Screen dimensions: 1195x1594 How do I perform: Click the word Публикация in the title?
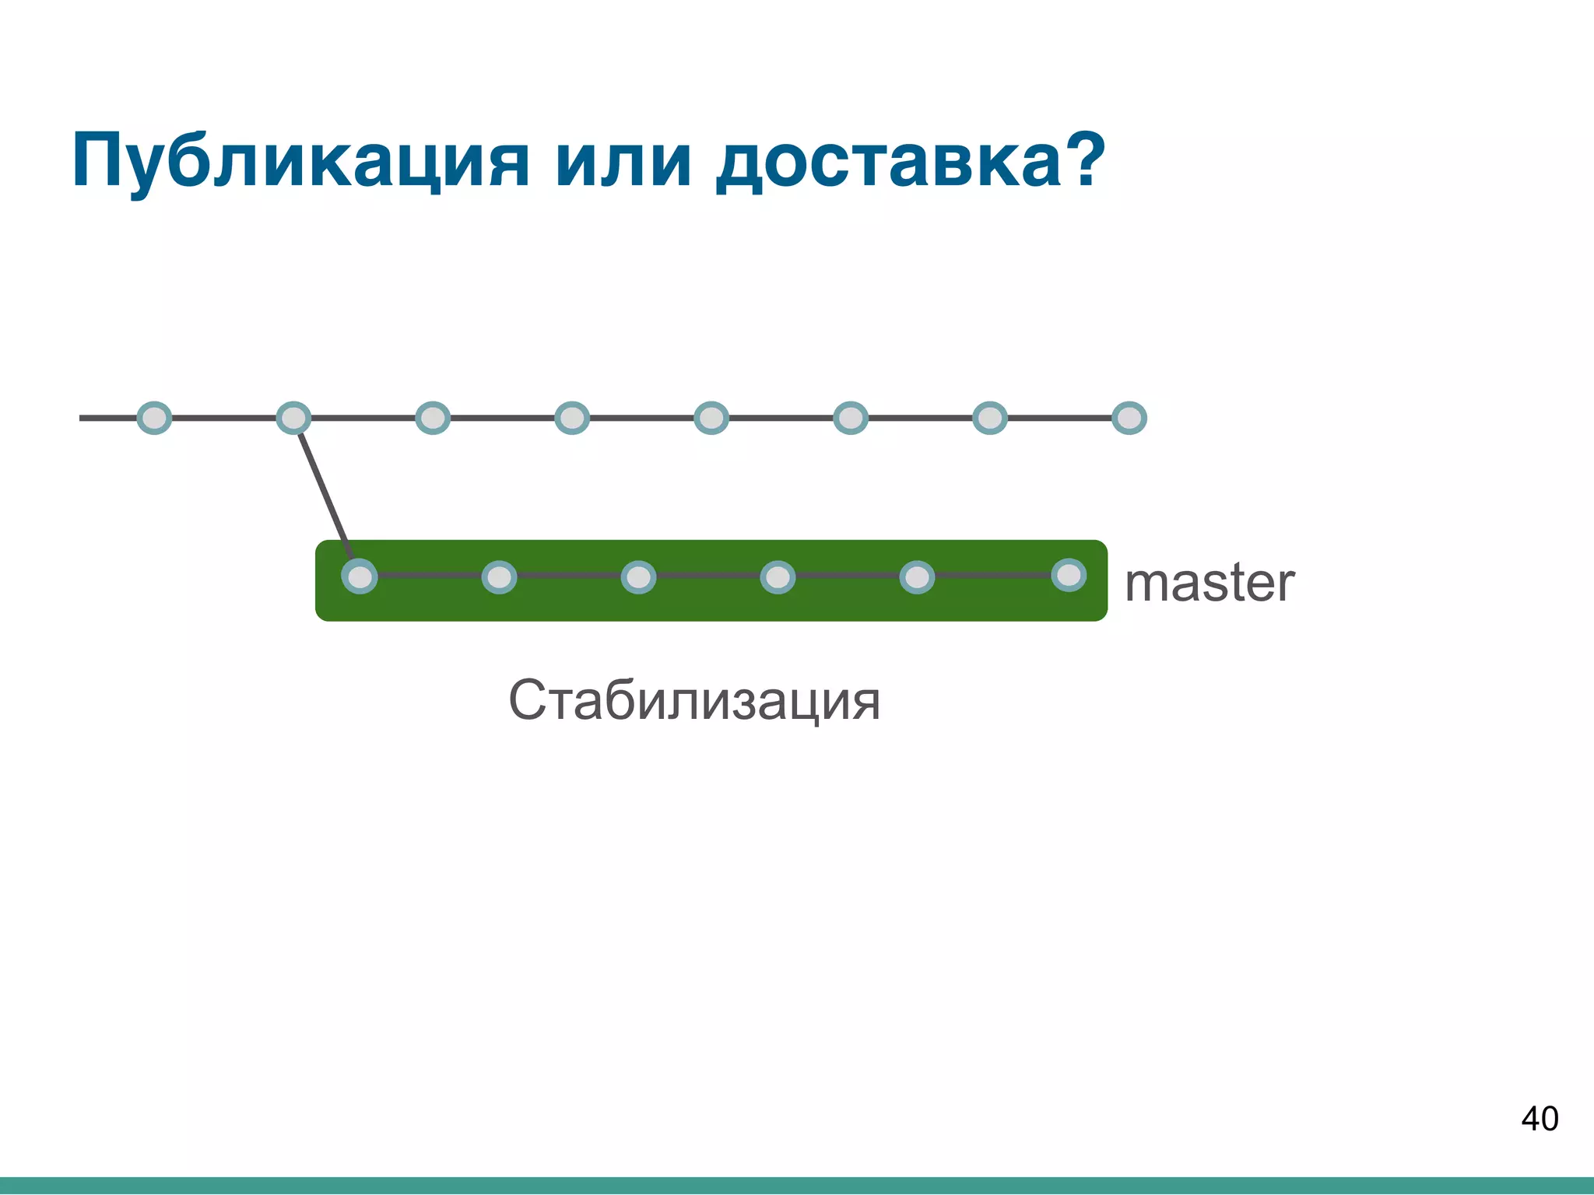[x=300, y=161]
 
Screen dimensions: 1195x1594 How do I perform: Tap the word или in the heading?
[x=623, y=161]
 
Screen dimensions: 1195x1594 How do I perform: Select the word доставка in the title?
[x=887, y=161]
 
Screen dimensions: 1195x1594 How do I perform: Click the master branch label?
[x=1210, y=583]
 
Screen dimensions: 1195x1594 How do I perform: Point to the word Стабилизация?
[x=694, y=700]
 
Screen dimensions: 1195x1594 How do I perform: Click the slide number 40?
[x=1539, y=1119]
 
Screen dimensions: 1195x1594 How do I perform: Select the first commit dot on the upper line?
[x=154, y=418]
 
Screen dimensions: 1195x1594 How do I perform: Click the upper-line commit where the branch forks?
[x=293, y=418]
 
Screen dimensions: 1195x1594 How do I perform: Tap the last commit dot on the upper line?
[x=1129, y=418]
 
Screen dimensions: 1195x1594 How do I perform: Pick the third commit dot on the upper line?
[x=433, y=418]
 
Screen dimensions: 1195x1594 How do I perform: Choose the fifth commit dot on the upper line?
[x=711, y=418]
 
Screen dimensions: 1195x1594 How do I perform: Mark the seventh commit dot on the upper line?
[x=990, y=418]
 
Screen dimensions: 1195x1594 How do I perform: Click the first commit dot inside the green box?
[x=360, y=577]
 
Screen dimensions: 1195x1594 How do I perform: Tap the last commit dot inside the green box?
[x=1069, y=575]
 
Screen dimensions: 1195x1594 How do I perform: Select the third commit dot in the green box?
[x=638, y=577]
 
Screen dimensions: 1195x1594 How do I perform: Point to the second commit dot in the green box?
[x=499, y=577]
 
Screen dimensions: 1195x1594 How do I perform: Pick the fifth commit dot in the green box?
[x=917, y=577]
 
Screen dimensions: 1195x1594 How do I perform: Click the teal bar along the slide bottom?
[x=797, y=1186]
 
